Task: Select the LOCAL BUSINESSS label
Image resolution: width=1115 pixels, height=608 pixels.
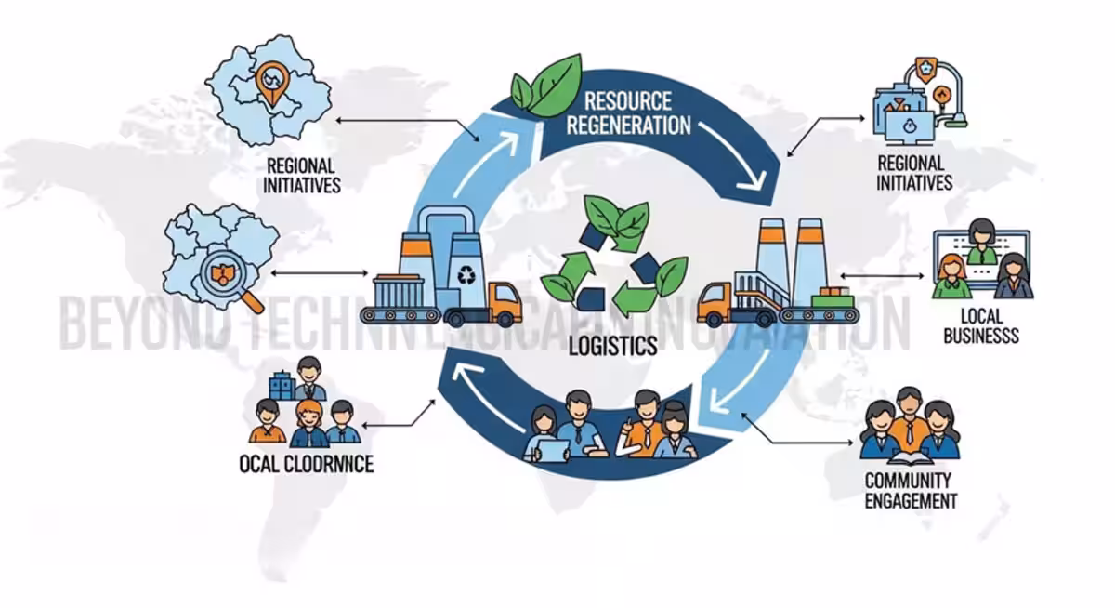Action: pyautogui.click(x=981, y=326)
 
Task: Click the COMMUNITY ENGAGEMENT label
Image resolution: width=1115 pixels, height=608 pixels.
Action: pyautogui.click(x=909, y=491)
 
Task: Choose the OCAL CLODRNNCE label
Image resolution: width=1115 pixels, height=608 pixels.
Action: pyautogui.click(x=306, y=462)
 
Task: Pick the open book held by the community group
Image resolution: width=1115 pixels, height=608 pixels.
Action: pyautogui.click(x=910, y=458)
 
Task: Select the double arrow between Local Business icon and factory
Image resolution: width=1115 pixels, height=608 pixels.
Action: pyautogui.click(x=882, y=275)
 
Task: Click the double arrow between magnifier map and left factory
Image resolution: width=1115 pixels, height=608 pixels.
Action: pyautogui.click(x=317, y=273)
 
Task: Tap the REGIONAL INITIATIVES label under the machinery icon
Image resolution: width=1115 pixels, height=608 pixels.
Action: pyautogui.click(x=914, y=172)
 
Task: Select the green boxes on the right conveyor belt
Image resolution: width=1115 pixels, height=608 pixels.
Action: pyautogui.click(x=830, y=298)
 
